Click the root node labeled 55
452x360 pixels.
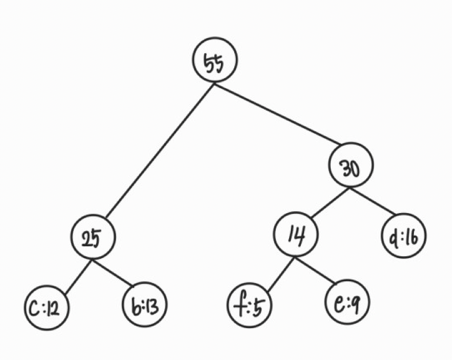pyautogui.click(x=214, y=62)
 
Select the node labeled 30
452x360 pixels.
pyautogui.click(x=351, y=167)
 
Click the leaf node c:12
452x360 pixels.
pyautogui.click(x=47, y=307)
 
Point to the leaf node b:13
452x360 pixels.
pyautogui.click(x=145, y=307)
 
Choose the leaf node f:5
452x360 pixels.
pyautogui.click(x=248, y=307)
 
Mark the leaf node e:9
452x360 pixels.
pyautogui.click(x=347, y=304)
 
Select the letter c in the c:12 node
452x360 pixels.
pyautogui.click(x=34, y=307)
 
